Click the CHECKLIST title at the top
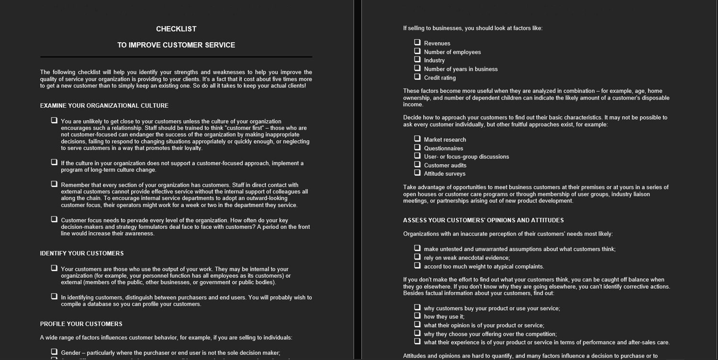176,29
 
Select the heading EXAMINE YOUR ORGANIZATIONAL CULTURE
104,106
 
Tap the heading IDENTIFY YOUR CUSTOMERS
82,253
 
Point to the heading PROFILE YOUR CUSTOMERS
81,324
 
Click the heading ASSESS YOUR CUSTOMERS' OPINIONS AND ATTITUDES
483,220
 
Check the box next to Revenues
417,43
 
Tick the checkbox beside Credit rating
417,77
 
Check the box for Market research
417,139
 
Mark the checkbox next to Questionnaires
417,147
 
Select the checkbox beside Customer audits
417,165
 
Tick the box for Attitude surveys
417,173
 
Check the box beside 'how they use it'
417,316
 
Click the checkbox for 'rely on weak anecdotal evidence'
417,257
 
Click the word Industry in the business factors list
434,61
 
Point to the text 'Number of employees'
452,52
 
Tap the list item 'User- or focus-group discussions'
466,157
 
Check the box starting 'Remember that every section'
54,184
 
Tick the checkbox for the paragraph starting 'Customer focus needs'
54,220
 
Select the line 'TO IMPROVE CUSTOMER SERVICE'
176,45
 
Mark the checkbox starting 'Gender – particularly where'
54,352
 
